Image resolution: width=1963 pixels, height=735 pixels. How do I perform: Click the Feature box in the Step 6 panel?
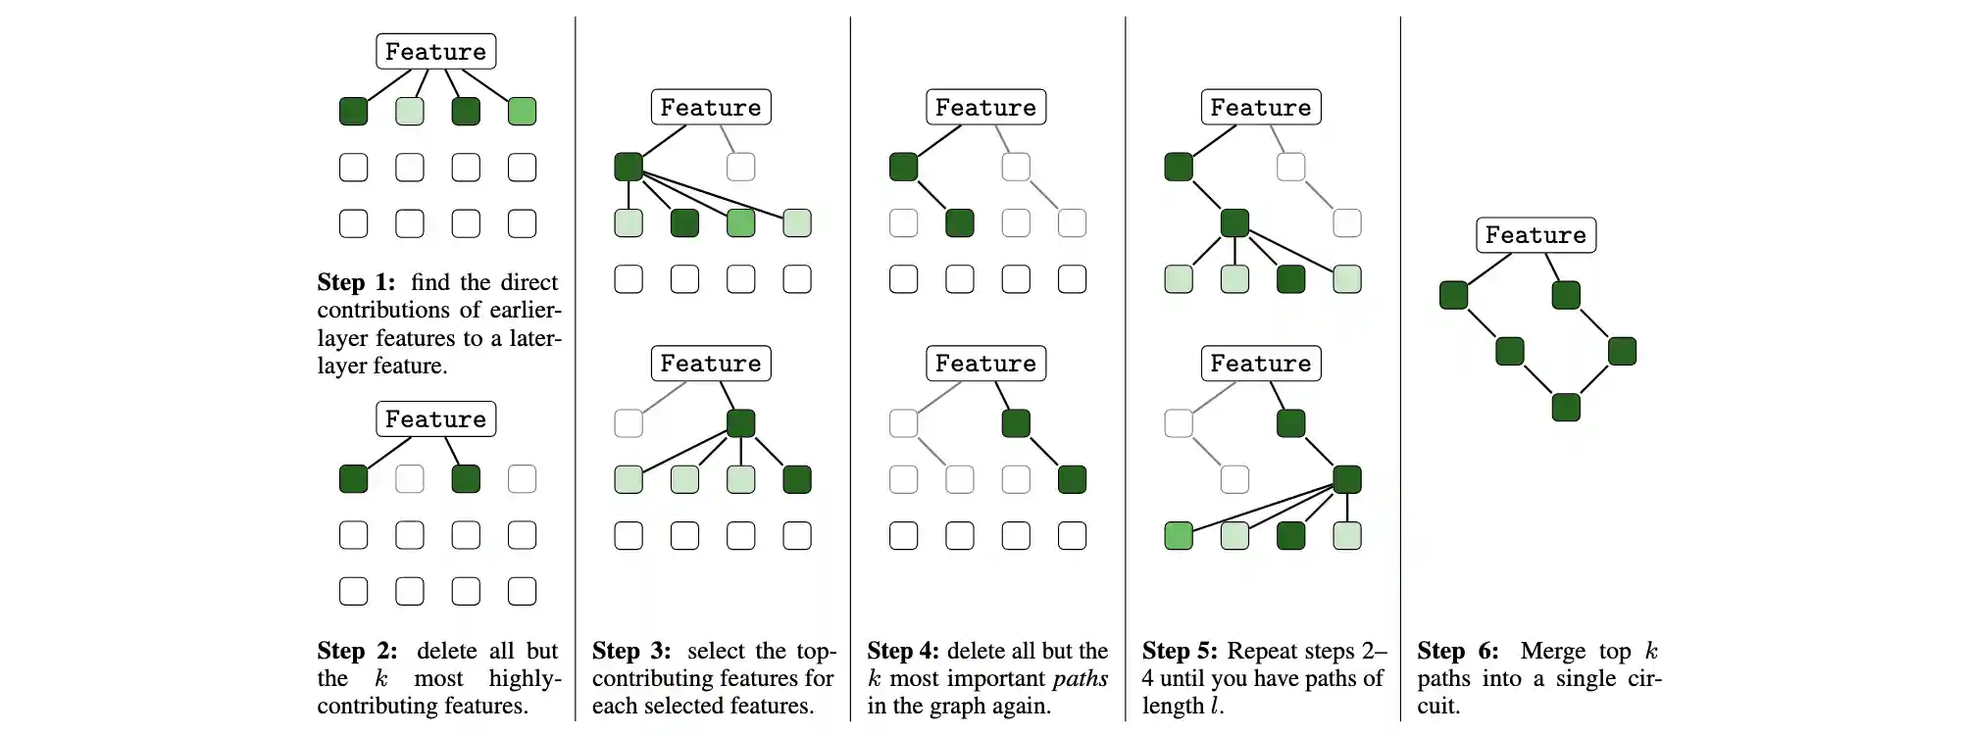click(x=1535, y=235)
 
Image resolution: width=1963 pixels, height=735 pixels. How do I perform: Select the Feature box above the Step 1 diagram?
click(x=435, y=52)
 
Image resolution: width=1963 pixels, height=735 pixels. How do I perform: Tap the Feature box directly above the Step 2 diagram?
click(x=435, y=419)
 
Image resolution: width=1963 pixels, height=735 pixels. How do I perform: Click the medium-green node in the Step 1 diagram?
click(x=522, y=112)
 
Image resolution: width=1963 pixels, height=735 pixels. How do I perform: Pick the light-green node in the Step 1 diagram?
click(x=410, y=112)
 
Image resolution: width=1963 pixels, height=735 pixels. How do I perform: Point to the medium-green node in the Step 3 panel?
click(x=740, y=223)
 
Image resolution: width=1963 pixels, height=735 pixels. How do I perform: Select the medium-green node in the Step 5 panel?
click(x=1179, y=536)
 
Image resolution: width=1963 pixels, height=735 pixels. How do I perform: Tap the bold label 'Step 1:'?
click(x=356, y=283)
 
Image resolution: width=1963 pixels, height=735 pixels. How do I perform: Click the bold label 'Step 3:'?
click(x=631, y=652)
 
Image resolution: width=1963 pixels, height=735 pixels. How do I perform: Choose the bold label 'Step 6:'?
click(x=1457, y=652)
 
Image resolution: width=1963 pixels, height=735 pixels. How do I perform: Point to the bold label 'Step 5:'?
click(x=1180, y=652)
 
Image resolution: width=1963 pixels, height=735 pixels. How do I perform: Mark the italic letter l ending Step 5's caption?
click(x=1215, y=707)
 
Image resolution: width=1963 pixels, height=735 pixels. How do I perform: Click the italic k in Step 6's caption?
click(x=1651, y=652)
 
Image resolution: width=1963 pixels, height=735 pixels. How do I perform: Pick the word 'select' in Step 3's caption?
click(x=716, y=652)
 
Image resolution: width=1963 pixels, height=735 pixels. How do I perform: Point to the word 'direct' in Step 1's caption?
click(x=528, y=283)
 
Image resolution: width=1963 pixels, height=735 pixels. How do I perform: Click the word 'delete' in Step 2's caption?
click(x=446, y=652)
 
